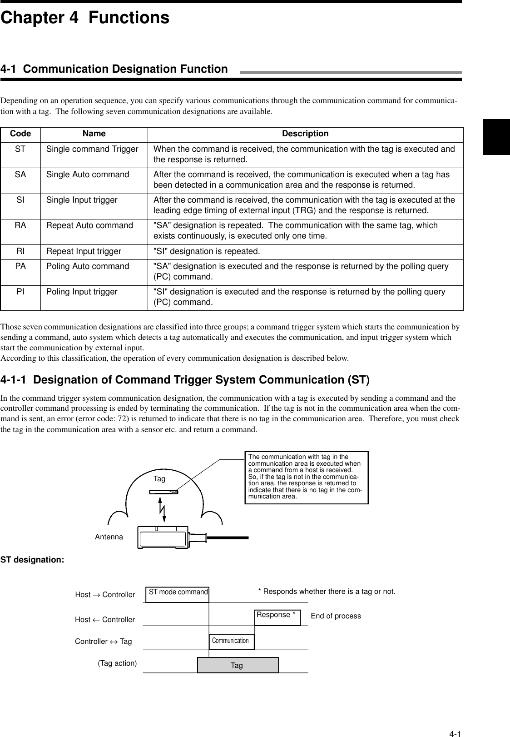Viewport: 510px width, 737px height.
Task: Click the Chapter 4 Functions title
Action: [x=85, y=18]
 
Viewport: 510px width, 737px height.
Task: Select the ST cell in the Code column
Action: [x=20, y=149]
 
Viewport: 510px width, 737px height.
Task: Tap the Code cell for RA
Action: [x=20, y=225]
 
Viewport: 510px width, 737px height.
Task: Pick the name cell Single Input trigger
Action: [x=82, y=200]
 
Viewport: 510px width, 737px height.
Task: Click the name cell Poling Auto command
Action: [x=88, y=266]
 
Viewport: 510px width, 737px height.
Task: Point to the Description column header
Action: [x=305, y=134]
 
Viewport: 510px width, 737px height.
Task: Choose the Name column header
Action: [x=94, y=134]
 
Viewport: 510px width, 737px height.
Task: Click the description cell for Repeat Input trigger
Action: [x=207, y=251]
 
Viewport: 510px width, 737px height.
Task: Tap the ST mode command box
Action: [x=178, y=593]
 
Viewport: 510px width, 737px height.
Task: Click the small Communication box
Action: [x=231, y=641]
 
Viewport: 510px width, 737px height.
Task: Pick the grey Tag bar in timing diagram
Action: [x=238, y=665]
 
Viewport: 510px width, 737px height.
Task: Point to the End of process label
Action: [x=336, y=616]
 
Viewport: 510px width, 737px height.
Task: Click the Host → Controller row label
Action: [x=105, y=595]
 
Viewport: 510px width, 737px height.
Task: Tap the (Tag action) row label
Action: [x=117, y=663]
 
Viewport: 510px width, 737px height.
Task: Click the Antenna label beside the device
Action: [x=109, y=537]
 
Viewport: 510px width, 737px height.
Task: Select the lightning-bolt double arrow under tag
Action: [x=163, y=509]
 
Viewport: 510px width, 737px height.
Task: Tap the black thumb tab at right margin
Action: [x=496, y=136]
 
